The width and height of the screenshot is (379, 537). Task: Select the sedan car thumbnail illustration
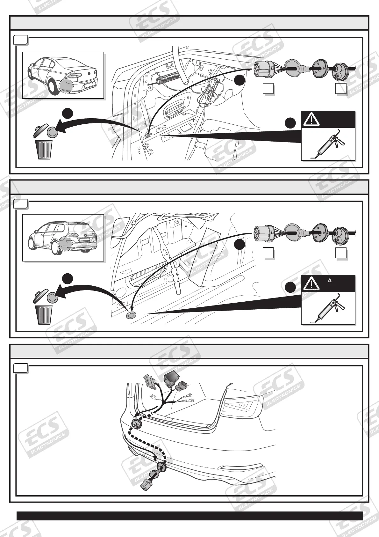[63, 75]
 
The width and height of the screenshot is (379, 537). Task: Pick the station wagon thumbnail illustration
[63, 238]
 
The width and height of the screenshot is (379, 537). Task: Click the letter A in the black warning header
[330, 281]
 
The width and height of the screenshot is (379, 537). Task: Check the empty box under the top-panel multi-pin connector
[268, 89]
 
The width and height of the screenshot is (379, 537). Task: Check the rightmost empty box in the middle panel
[341, 253]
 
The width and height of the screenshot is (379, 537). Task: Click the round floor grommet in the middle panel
[131, 316]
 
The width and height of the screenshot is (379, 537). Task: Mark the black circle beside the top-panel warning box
[290, 123]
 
